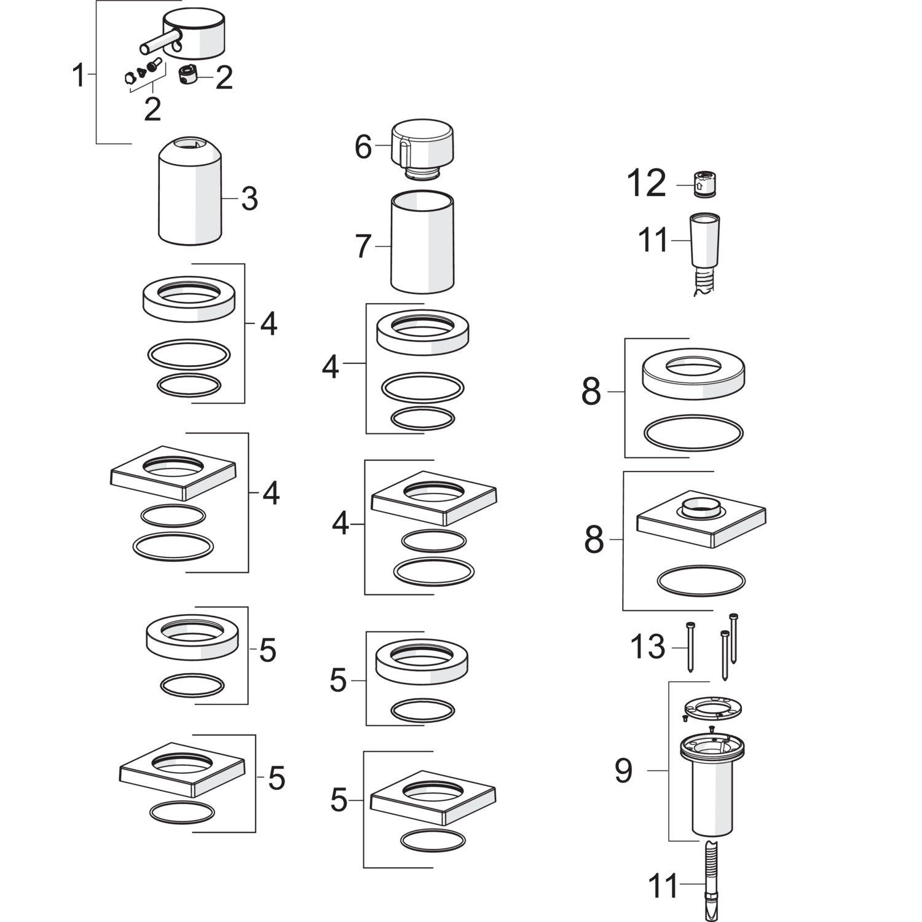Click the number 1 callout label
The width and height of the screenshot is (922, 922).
point(78,76)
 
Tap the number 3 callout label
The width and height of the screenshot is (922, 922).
point(249,199)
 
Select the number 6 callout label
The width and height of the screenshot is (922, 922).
point(363,147)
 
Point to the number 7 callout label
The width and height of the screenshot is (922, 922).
point(363,246)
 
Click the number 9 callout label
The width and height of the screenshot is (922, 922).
point(623,771)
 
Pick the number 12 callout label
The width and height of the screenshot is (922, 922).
point(647,183)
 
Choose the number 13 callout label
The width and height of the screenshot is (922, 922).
point(648,647)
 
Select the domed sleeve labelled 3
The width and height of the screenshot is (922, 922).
point(190,190)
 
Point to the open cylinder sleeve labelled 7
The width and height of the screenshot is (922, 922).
point(422,242)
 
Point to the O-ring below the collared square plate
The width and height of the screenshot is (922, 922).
point(701,580)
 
